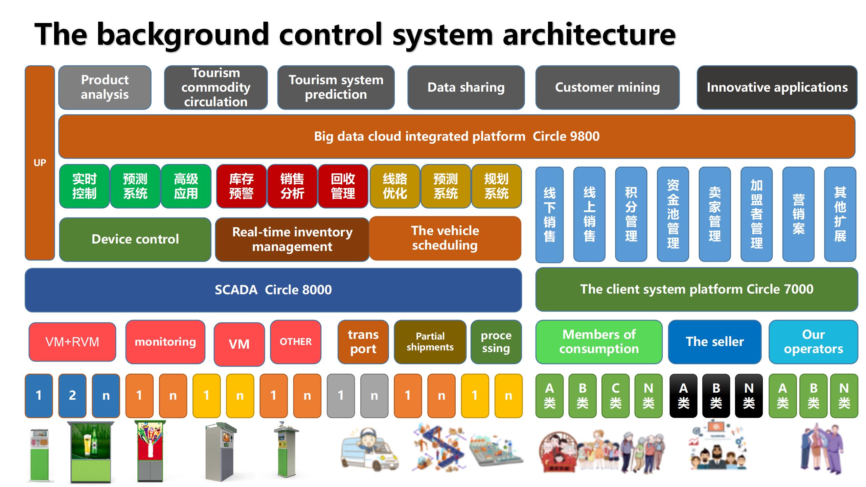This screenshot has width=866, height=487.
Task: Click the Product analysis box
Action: tap(105, 87)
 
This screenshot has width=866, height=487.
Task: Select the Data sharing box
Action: tap(466, 87)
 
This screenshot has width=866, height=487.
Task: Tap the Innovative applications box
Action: tap(777, 87)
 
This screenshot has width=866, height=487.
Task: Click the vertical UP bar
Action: tap(40, 163)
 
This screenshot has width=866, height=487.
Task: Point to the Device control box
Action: tap(135, 239)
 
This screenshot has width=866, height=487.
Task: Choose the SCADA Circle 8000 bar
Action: tap(273, 290)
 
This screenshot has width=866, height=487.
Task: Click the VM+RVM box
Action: tap(72, 342)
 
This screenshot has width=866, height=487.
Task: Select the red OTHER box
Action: tap(296, 342)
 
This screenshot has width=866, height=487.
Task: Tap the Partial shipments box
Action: tap(430, 342)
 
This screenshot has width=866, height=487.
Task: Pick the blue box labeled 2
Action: tap(72, 395)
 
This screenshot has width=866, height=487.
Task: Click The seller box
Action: tap(715, 342)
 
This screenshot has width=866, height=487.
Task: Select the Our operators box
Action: tap(814, 342)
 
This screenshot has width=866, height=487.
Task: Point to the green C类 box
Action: tap(615, 395)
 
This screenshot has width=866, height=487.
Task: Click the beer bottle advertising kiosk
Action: tap(90, 451)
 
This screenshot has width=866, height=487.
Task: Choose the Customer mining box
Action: tap(607, 87)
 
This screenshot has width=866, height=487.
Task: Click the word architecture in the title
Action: tap(589, 34)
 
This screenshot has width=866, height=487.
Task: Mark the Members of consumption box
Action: tap(599, 342)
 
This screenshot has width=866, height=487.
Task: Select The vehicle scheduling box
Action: tap(445, 238)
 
